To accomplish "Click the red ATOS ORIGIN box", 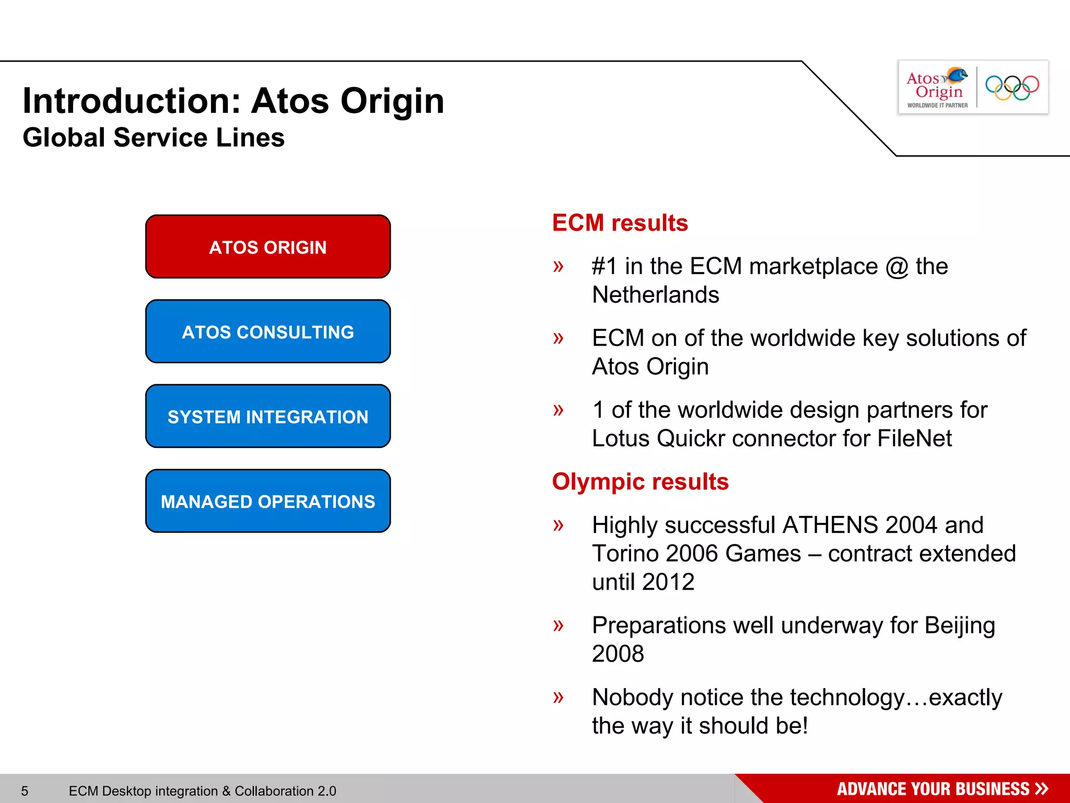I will click(x=267, y=247).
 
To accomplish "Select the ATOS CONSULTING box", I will click(x=267, y=331).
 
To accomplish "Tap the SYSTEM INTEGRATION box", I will click(x=267, y=416).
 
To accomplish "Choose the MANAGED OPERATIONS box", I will click(x=267, y=501).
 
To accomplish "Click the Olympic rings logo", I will click(x=1012, y=87).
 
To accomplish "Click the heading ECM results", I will click(x=620, y=223).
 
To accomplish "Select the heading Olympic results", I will click(x=640, y=481).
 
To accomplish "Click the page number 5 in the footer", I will click(x=25, y=791).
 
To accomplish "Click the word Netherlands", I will click(x=655, y=295).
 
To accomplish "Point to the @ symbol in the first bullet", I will click(x=897, y=267).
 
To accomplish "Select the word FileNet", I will click(x=914, y=438).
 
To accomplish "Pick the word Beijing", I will click(x=959, y=626).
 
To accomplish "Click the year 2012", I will click(x=668, y=582).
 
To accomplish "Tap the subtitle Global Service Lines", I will click(x=154, y=137).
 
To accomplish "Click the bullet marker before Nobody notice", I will click(x=558, y=697).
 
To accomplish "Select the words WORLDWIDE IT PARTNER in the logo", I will click(x=937, y=105).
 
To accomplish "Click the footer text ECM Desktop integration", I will click(x=202, y=791).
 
